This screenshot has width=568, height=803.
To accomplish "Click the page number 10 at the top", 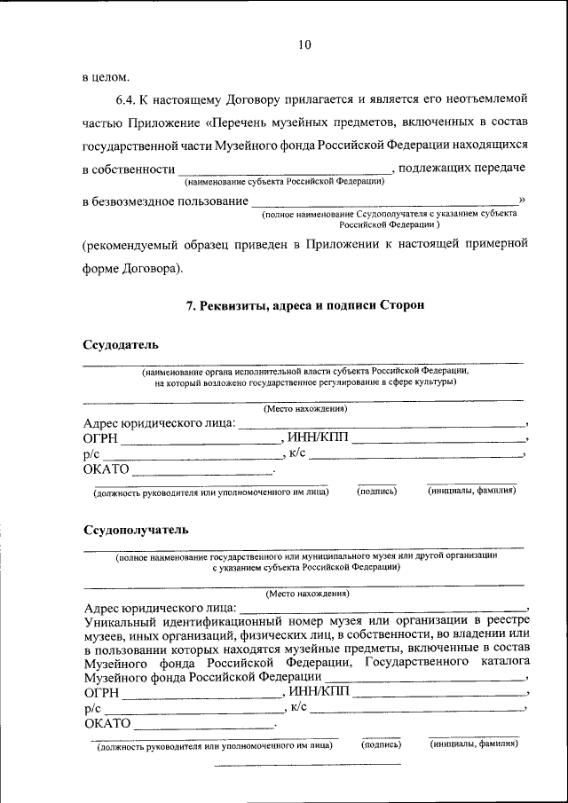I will [304, 44].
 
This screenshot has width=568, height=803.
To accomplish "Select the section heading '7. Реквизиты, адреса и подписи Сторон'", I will [305, 304].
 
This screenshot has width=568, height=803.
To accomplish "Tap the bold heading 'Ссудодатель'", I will [121, 343].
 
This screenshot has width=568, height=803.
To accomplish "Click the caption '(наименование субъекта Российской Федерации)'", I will [284, 181].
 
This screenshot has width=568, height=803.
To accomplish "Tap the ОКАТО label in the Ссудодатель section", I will [106, 468].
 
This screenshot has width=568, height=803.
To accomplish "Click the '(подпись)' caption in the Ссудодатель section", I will [376, 491].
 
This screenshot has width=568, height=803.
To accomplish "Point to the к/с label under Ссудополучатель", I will [299, 706].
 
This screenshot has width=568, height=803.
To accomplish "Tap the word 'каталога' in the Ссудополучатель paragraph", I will [503, 662].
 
